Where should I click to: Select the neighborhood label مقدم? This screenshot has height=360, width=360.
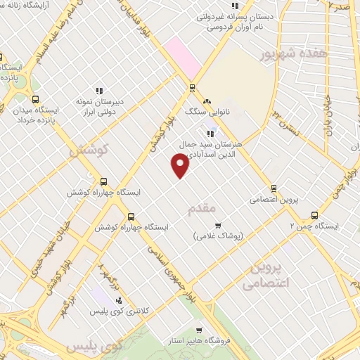[x=200, y=210]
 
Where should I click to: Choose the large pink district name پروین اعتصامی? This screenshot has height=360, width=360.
[x=265, y=277]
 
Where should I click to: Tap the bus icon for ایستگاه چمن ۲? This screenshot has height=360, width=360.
[x=314, y=216]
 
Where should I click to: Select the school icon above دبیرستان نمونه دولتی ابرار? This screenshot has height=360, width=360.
[x=100, y=91]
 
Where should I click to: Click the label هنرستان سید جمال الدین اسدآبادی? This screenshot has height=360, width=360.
[x=210, y=147]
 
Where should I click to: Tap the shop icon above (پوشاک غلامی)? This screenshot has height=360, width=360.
[x=217, y=226]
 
